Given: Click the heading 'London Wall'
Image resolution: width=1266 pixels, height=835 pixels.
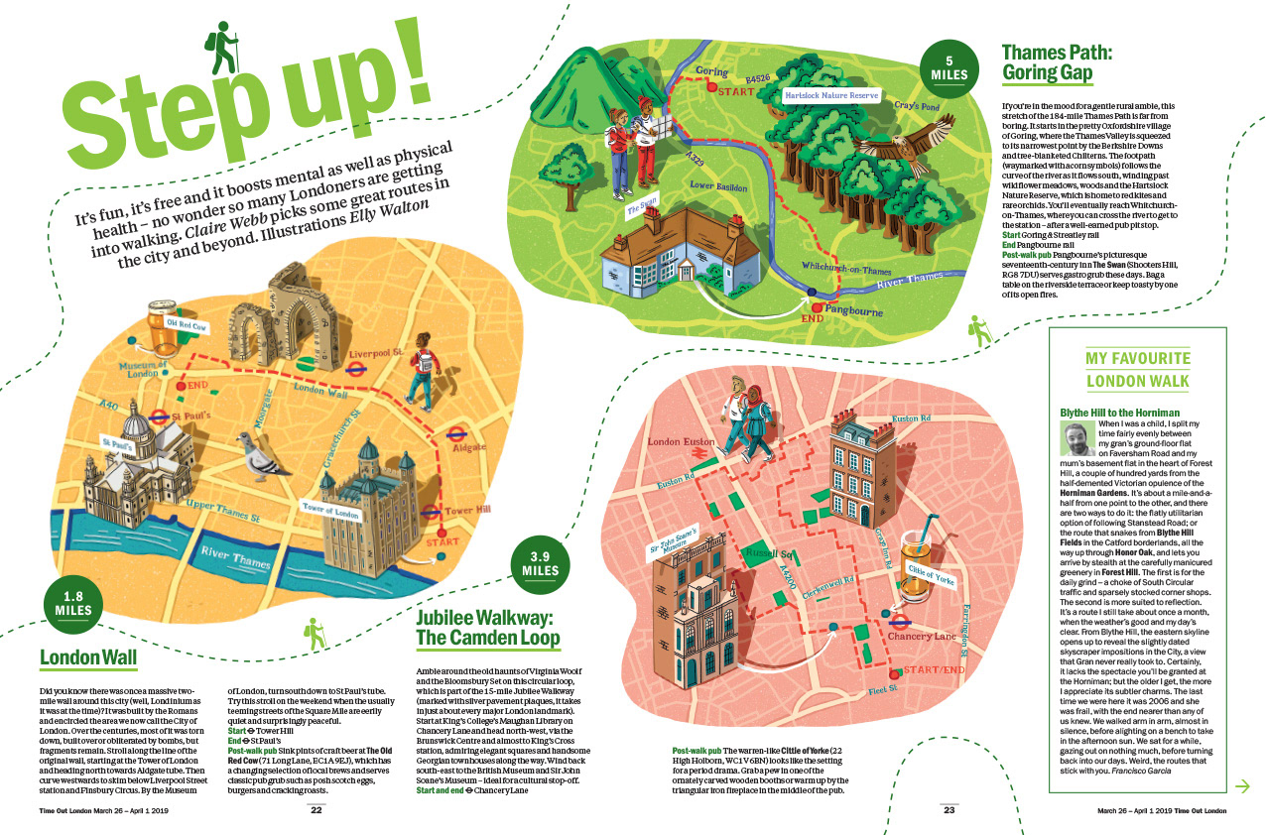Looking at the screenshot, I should tap(87, 656).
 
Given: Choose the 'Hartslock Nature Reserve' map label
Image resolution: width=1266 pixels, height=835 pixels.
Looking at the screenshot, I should tap(831, 96).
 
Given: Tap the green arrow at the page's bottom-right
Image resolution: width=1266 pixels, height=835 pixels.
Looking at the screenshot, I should tap(1240, 786).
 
